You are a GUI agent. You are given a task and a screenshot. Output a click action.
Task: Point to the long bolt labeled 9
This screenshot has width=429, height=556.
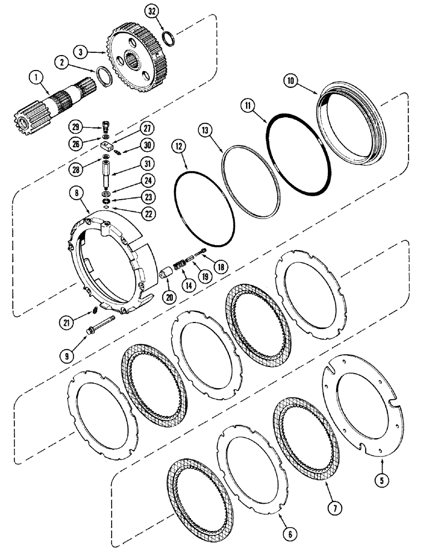click(x=101, y=326)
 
